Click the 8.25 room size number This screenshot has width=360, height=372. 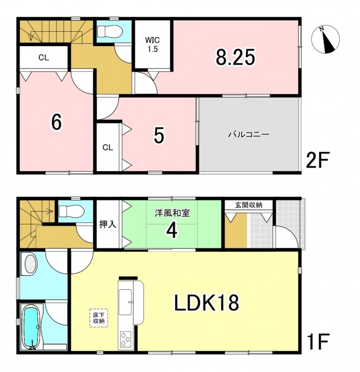point(235,57)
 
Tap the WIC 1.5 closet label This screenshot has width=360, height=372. point(153,45)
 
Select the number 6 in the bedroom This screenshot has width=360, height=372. point(56,122)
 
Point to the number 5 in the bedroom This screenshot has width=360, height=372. point(158,135)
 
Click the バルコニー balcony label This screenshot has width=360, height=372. point(249,135)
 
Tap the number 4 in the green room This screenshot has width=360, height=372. point(172,230)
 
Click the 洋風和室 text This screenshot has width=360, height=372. point(172,213)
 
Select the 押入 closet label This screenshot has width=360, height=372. point(108,224)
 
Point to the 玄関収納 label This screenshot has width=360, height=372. point(249,205)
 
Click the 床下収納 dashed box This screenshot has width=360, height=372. point(99,318)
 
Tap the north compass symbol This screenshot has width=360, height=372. point(325,39)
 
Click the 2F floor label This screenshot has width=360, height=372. point(317,161)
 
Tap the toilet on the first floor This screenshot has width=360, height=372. point(71,211)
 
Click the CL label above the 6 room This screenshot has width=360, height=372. point(44,58)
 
